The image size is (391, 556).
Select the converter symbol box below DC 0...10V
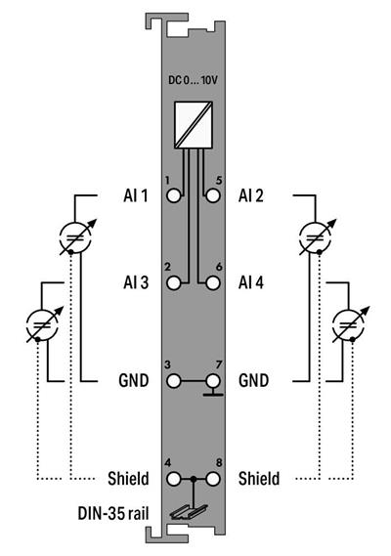[195, 123]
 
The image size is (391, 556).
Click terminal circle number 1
[175, 195]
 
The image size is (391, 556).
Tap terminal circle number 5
[211, 195]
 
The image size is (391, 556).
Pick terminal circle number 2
[175, 283]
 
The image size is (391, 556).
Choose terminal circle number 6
[211, 283]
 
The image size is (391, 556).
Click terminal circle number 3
[175, 380]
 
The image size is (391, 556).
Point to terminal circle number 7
[211, 380]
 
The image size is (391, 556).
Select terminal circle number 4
[175, 480]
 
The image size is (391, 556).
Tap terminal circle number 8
[211, 480]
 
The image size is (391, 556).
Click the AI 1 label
[131, 195]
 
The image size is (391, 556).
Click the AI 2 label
[252, 195]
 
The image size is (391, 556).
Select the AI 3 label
[131, 283]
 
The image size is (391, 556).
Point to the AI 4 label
[252, 283]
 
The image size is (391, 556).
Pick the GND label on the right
[254, 380]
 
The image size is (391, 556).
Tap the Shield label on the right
[259, 480]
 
